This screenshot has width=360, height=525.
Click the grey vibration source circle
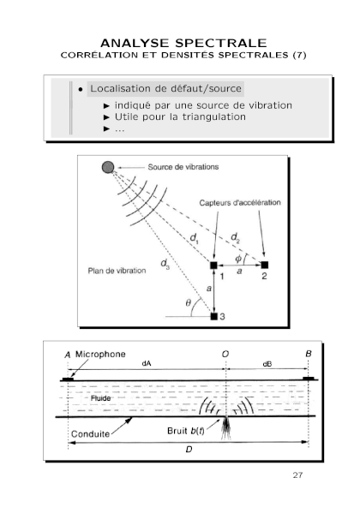coord(108,167)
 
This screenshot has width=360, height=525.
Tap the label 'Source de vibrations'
coord(183,167)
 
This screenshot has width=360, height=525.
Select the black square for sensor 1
coord(213,265)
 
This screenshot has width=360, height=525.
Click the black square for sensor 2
coord(265,265)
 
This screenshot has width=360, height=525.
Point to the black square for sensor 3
coord(213,316)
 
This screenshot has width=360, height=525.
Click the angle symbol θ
coord(188,302)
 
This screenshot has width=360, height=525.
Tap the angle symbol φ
coord(238,259)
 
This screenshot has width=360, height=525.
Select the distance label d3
coord(165,264)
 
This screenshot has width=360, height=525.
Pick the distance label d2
coord(235,238)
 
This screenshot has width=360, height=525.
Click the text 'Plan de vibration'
coord(117,271)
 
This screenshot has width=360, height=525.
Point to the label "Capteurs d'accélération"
coord(240,203)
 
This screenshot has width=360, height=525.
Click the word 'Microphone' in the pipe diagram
coord(100,355)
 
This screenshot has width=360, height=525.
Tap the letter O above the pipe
coord(225,354)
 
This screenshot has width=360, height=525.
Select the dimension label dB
coord(267,364)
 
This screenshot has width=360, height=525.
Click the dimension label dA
coord(147,363)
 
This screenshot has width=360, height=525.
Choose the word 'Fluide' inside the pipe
coord(100,398)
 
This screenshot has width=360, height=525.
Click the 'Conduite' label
coord(90,434)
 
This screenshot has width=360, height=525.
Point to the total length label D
coord(189,450)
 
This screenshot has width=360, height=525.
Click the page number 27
coord(297,475)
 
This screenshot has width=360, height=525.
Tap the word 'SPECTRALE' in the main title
coord(221,43)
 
